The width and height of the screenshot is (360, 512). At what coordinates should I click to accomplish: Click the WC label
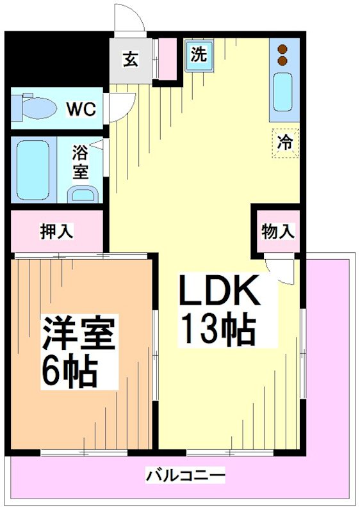pyautogui.click(x=82, y=109)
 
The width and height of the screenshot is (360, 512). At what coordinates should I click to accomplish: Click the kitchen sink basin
pyautogui.click(x=282, y=93)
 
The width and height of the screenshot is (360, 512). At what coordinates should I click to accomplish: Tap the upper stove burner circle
pyautogui.click(x=282, y=48)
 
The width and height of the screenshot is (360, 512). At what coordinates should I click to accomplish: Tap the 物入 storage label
pyautogui.click(x=278, y=232)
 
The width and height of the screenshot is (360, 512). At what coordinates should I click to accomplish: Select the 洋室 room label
pyautogui.click(x=79, y=333)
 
